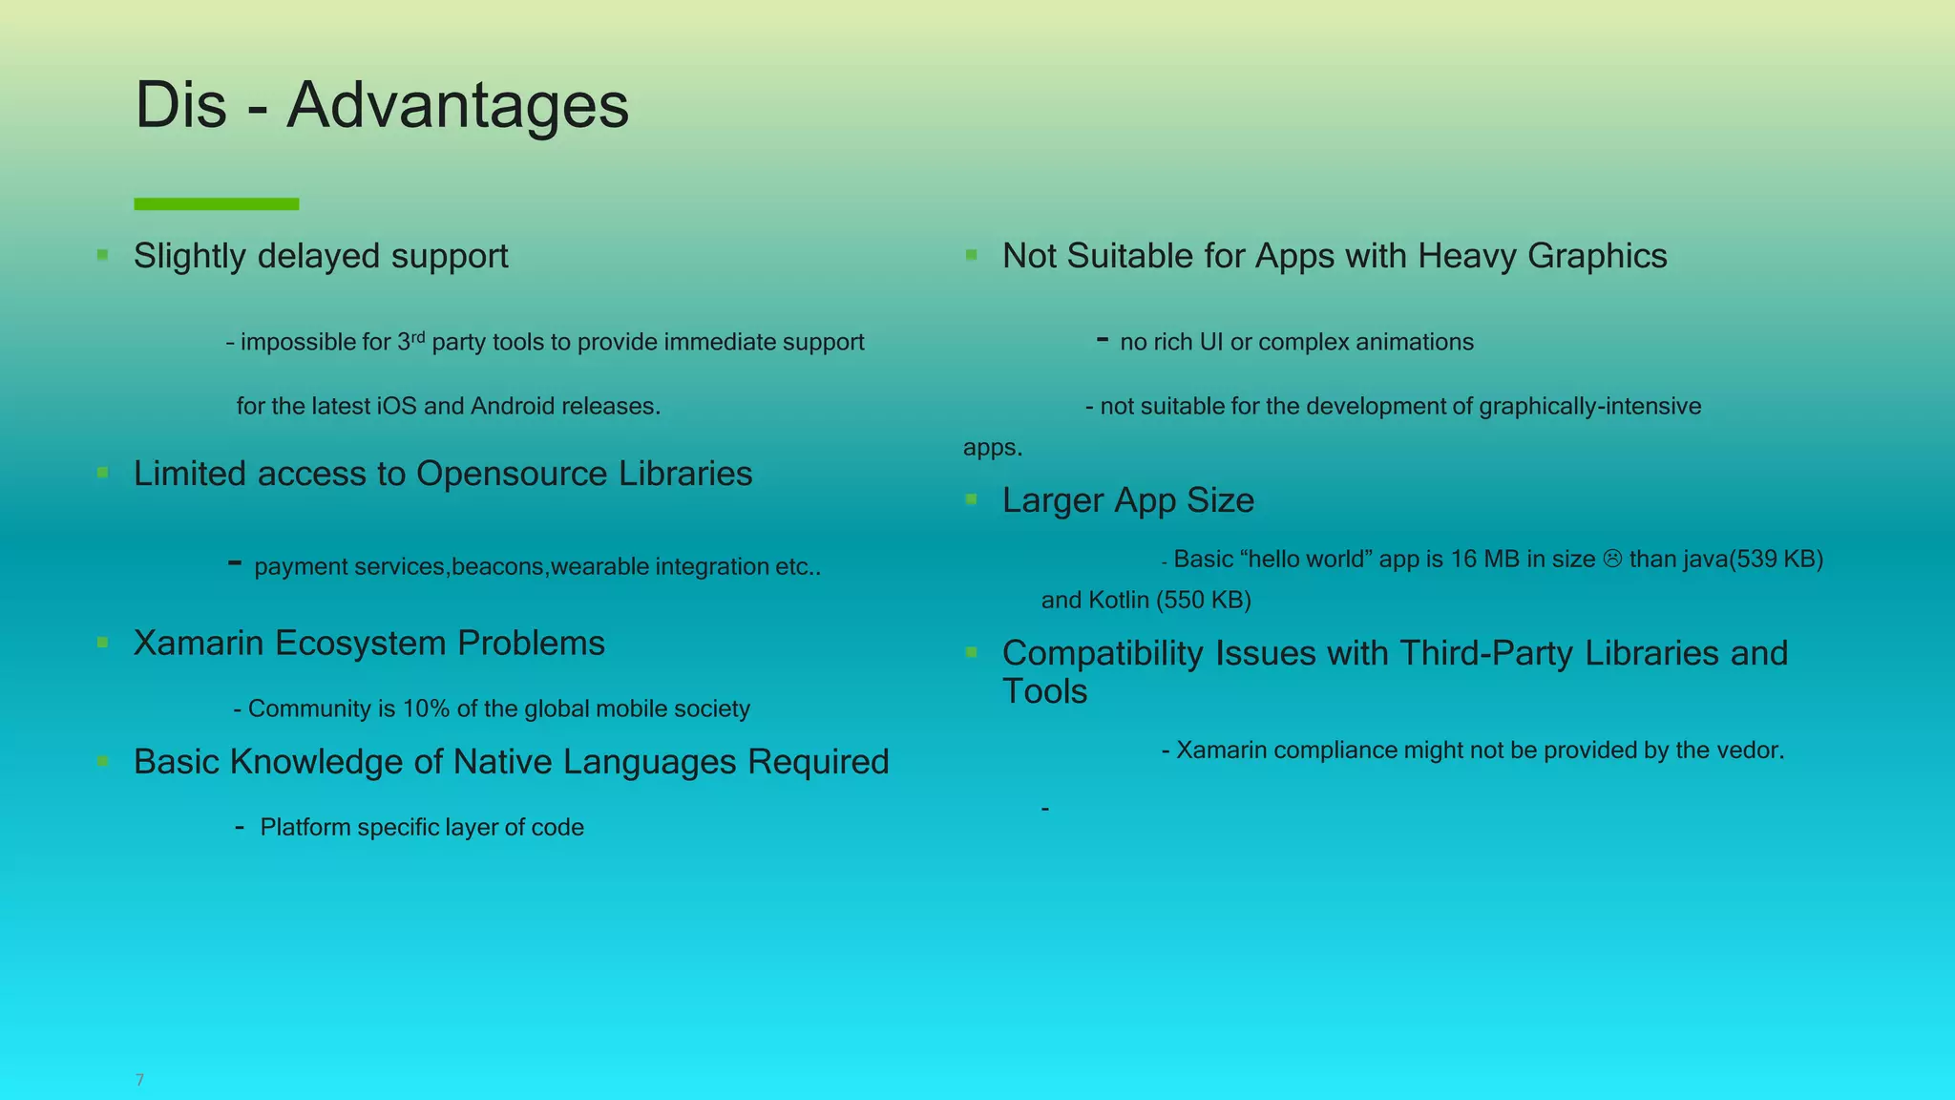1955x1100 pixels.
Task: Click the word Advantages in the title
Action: (x=457, y=105)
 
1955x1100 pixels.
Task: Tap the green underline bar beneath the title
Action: (x=217, y=203)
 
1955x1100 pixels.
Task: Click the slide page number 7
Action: (x=139, y=1080)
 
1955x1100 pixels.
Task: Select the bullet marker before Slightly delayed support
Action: (x=102, y=255)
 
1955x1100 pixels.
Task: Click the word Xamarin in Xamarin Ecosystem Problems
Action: (x=198, y=644)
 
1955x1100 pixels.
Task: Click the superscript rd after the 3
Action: (x=417, y=336)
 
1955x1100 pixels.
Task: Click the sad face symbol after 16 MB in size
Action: (x=1612, y=560)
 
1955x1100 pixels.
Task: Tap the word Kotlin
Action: (x=1119, y=601)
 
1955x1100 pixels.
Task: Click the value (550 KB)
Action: (x=1204, y=601)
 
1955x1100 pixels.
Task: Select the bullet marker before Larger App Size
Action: (x=971, y=499)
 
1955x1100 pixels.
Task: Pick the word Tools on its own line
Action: (x=1044, y=691)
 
